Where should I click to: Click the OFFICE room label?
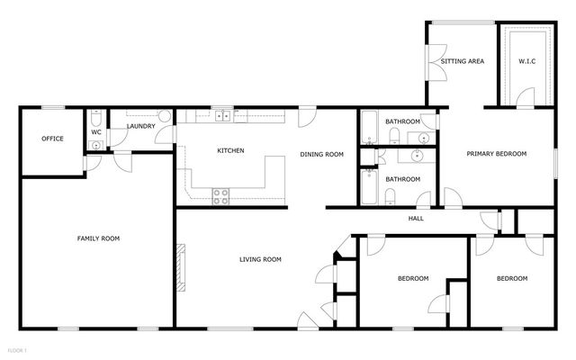click(x=51, y=139)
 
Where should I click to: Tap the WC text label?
click(x=96, y=132)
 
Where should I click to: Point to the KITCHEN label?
click(x=231, y=150)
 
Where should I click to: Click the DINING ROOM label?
click(x=321, y=155)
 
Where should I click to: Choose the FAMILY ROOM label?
click(x=98, y=238)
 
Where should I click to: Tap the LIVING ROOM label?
click(x=260, y=260)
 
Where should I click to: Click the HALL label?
click(x=416, y=219)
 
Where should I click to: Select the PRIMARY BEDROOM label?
click(x=496, y=154)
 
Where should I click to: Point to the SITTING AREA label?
click(x=463, y=61)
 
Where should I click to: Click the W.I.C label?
click(x=526, y=61)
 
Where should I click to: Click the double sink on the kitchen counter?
click(x=221, y=116)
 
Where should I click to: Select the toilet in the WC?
click(x=96, y=117)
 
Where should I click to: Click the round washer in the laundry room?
click(x=166, y=117)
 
